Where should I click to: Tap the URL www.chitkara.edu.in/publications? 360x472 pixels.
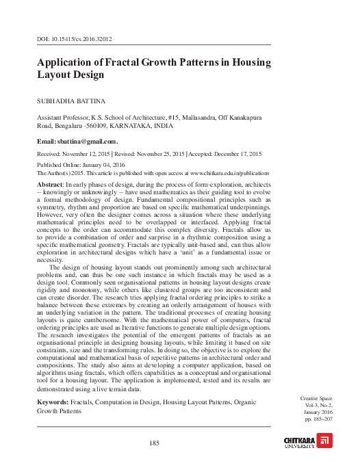click(229, 174)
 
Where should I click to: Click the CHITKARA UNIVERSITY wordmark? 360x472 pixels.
click(298, 441)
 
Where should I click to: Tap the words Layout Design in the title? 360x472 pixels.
click(70, 75)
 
